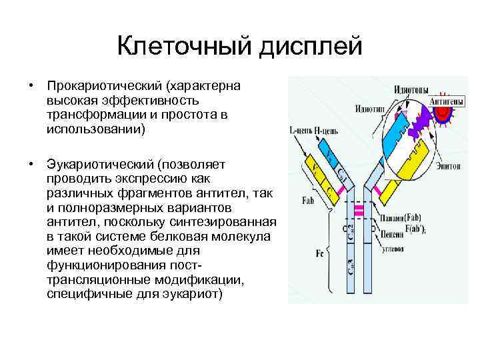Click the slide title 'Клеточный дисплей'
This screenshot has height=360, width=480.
(239, 47)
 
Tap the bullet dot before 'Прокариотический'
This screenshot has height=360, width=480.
(31, 86)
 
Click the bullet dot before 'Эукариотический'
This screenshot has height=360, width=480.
(31, 164)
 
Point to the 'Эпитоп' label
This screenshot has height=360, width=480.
(449, 166)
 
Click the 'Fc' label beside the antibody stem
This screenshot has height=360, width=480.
(320, 253)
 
